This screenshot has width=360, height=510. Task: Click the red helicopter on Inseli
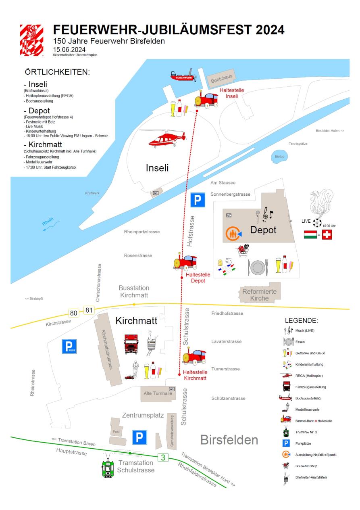[166, 139]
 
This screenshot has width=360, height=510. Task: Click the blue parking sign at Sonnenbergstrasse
[198, 200]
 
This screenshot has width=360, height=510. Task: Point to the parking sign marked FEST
[69, 346]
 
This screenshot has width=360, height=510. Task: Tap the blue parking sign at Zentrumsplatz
[140, 437]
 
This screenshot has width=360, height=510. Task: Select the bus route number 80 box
[74, 313]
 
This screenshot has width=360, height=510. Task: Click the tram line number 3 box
[162, 457]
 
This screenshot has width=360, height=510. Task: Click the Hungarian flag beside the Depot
[310, 235]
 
